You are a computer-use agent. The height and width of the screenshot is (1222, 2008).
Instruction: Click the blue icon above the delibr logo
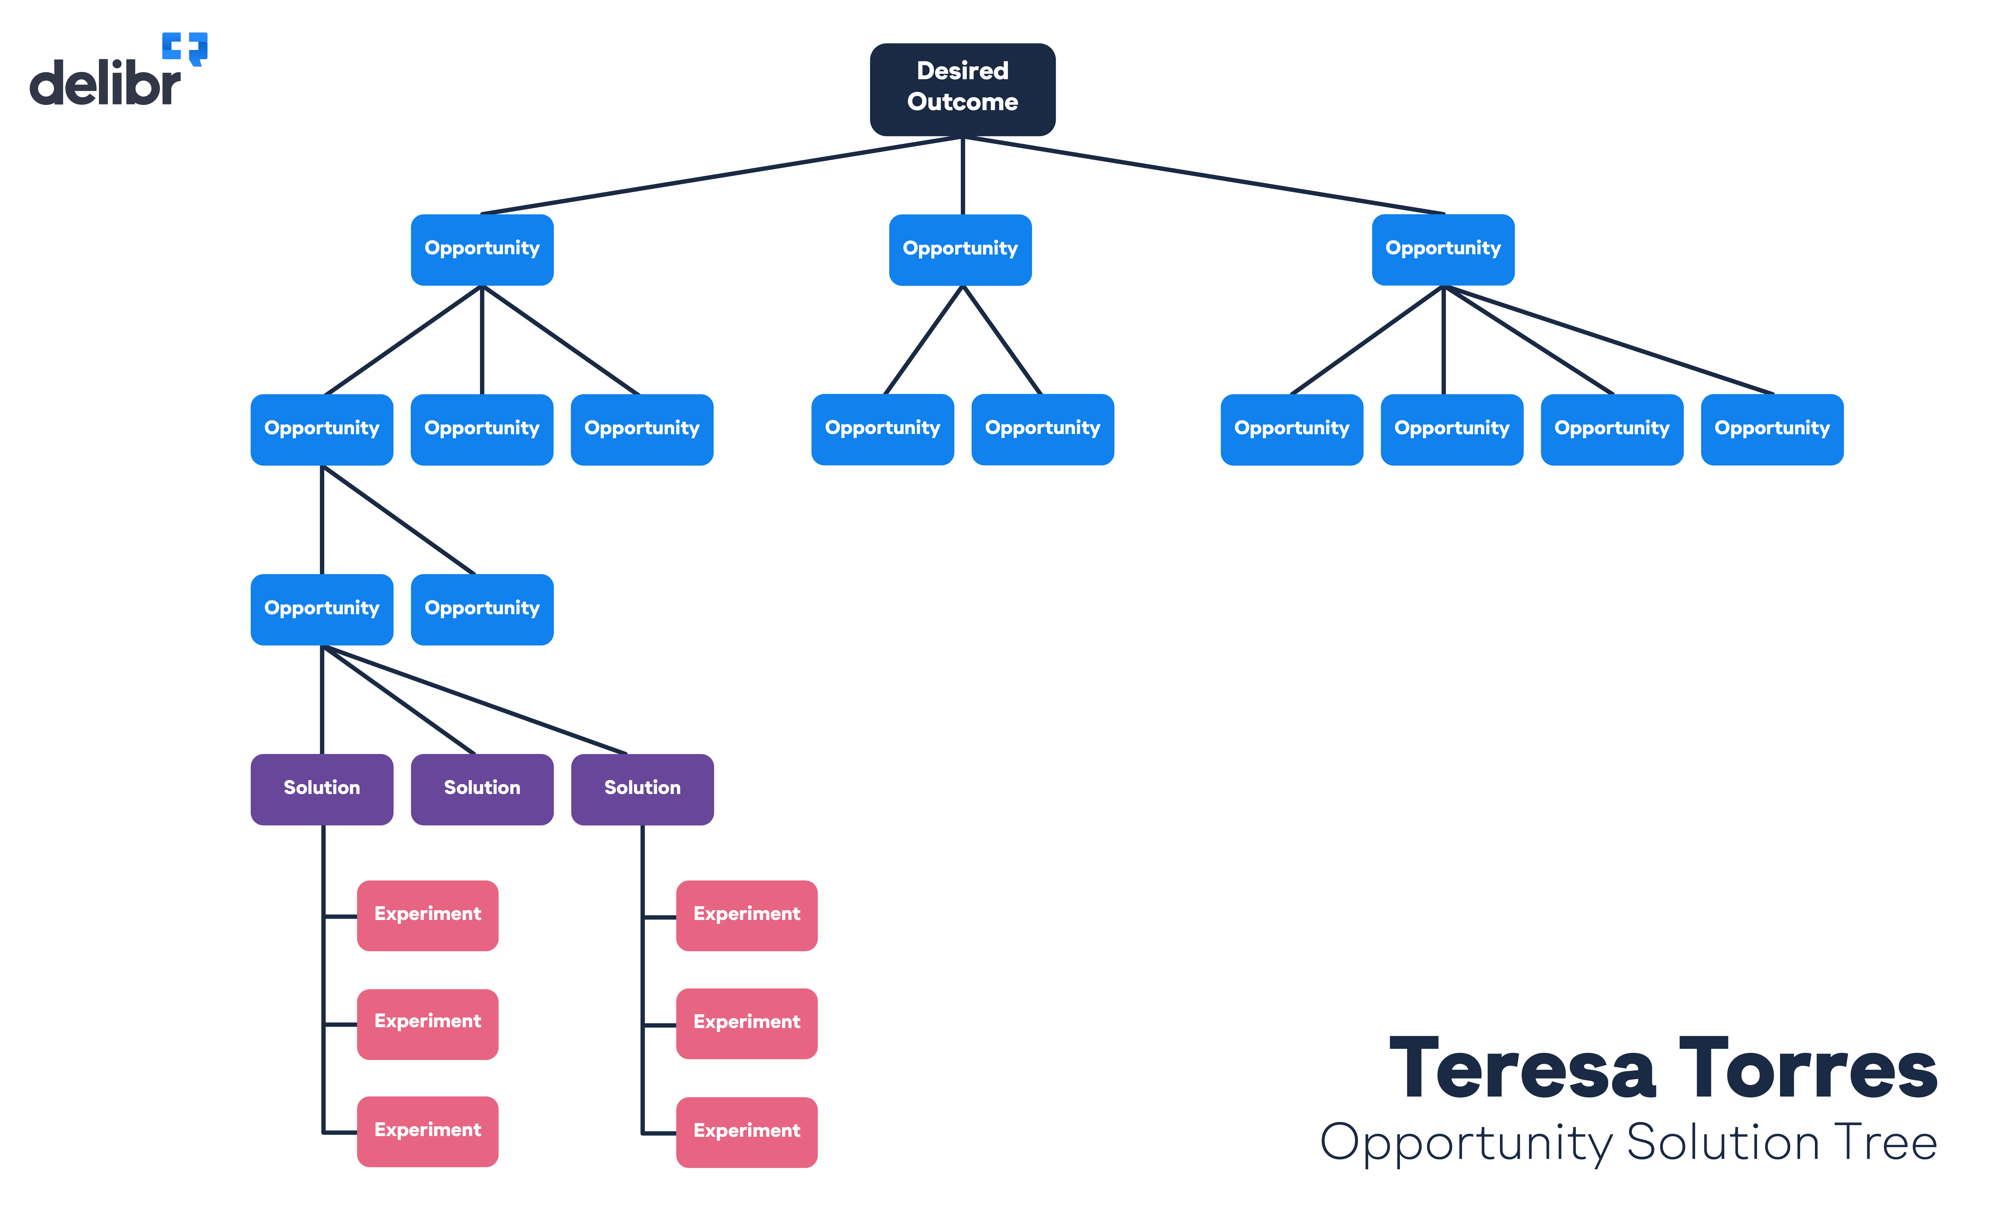coord(185,47)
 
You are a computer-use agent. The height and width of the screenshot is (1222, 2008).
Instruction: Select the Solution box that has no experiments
coord(482,789)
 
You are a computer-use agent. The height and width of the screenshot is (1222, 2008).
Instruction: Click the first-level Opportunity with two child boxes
coord(960,249)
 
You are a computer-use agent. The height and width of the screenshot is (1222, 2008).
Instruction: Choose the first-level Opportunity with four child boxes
coord(1443,249)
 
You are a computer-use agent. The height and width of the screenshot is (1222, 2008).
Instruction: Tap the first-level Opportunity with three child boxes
coord(482,249)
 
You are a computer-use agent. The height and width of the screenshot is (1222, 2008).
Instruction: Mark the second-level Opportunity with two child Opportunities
coord(322,429)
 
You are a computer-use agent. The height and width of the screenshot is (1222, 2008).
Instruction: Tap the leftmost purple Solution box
coord(322,789)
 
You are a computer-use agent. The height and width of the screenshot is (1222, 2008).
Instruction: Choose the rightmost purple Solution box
coord(642,789)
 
